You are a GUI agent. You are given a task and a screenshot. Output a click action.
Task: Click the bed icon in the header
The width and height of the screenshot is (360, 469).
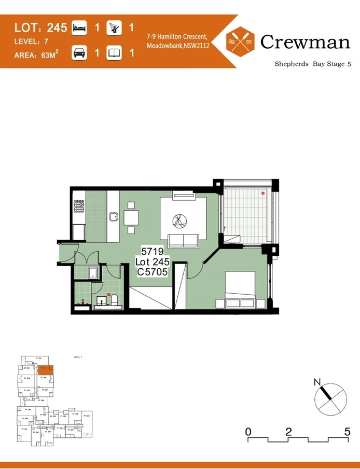pos(79,27)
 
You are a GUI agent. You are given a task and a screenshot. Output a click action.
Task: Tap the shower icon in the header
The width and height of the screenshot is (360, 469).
pos(114,27)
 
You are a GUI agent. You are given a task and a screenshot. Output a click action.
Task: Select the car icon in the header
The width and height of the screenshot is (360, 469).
pos(79,53)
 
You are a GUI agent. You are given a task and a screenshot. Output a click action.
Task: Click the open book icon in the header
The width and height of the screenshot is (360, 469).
pos(114,53)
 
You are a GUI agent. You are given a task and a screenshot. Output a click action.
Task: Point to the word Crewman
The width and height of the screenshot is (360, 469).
pos(305,42)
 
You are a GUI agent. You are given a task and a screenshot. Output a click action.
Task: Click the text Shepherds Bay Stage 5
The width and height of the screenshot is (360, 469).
pos(312,64)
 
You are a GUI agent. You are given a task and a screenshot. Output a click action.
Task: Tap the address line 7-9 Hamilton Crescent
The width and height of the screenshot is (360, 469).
pos(177,37)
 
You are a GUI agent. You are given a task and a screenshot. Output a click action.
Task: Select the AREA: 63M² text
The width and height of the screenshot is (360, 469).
pos(36,53)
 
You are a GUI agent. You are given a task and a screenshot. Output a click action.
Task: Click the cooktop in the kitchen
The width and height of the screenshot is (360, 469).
pos(79,207)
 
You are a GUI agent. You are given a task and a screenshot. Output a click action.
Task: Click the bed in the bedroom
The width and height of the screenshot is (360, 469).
pos(240,290)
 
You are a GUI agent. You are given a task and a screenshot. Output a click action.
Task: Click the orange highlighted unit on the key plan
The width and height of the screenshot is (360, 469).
pos(45,369)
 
